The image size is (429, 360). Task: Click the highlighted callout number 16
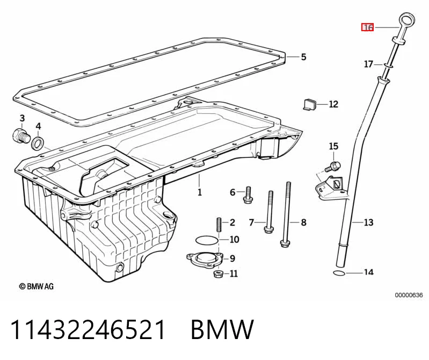point(368,27)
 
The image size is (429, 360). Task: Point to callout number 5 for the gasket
point(304,56)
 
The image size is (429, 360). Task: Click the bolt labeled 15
point(333,167)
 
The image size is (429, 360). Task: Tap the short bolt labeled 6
point(248,195)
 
